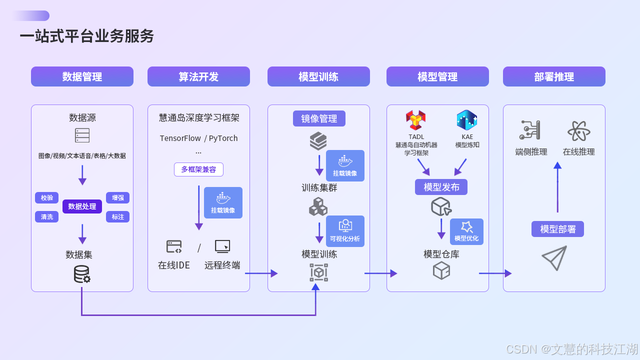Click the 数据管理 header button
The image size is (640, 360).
click(82, 76)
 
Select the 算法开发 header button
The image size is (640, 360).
click(198, 76)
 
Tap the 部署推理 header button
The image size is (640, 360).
click(554, 76)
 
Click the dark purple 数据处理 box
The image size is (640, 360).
click(82, 206)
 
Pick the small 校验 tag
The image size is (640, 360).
click(47, 197)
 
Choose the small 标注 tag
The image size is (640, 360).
click(117, 216)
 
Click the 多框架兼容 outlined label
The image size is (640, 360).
click(198, 169)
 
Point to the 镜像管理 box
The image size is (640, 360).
click(319, 118)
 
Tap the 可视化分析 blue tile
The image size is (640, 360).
click(345, 231)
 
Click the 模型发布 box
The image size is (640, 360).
click(441, 187)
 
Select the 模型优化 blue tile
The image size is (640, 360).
click(466, 231)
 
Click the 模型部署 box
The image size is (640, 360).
click(557, 229)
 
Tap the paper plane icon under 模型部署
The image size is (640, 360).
click(554, 258)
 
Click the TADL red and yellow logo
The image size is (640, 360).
click(416, 120)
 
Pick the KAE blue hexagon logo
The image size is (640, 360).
click(467, 120)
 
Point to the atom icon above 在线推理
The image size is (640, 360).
click(578, 131)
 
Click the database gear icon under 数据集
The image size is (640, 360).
click(82, 274)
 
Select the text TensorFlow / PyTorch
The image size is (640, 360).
click(198, 138)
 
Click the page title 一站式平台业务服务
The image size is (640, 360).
click(87, 36)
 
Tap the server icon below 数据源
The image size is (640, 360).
click(82, 135)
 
